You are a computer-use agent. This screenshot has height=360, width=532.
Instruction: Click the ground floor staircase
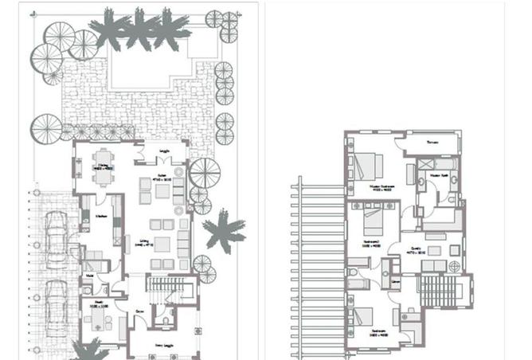coord(166,288)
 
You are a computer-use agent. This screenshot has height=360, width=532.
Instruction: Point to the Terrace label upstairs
coord(432,143)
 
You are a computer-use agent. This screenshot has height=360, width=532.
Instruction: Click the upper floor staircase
coord(439,290)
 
